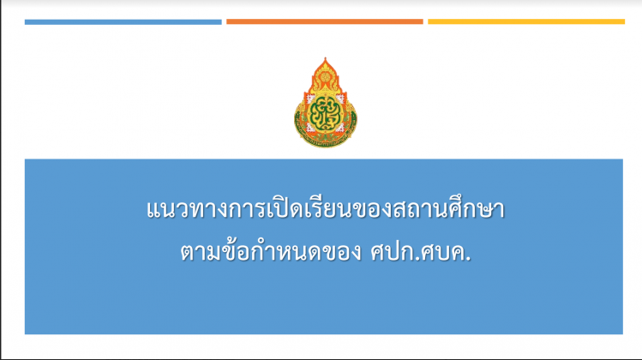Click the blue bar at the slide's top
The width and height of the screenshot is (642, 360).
point(123,22)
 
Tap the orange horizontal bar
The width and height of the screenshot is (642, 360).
point(325,21)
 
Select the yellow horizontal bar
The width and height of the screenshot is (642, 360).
point(526,21)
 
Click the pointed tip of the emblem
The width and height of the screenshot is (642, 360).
point(325,58)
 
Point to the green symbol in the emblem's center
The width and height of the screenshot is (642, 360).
point(325,112)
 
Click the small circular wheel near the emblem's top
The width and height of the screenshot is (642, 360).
point(325,76)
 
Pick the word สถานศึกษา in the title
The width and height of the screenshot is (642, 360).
point(448,208)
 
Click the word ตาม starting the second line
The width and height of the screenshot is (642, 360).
point(201,252)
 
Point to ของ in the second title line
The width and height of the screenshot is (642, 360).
point(341,252)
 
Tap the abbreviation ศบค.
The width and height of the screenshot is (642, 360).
point(447,251)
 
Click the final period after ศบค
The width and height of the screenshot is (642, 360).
point(468,259)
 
